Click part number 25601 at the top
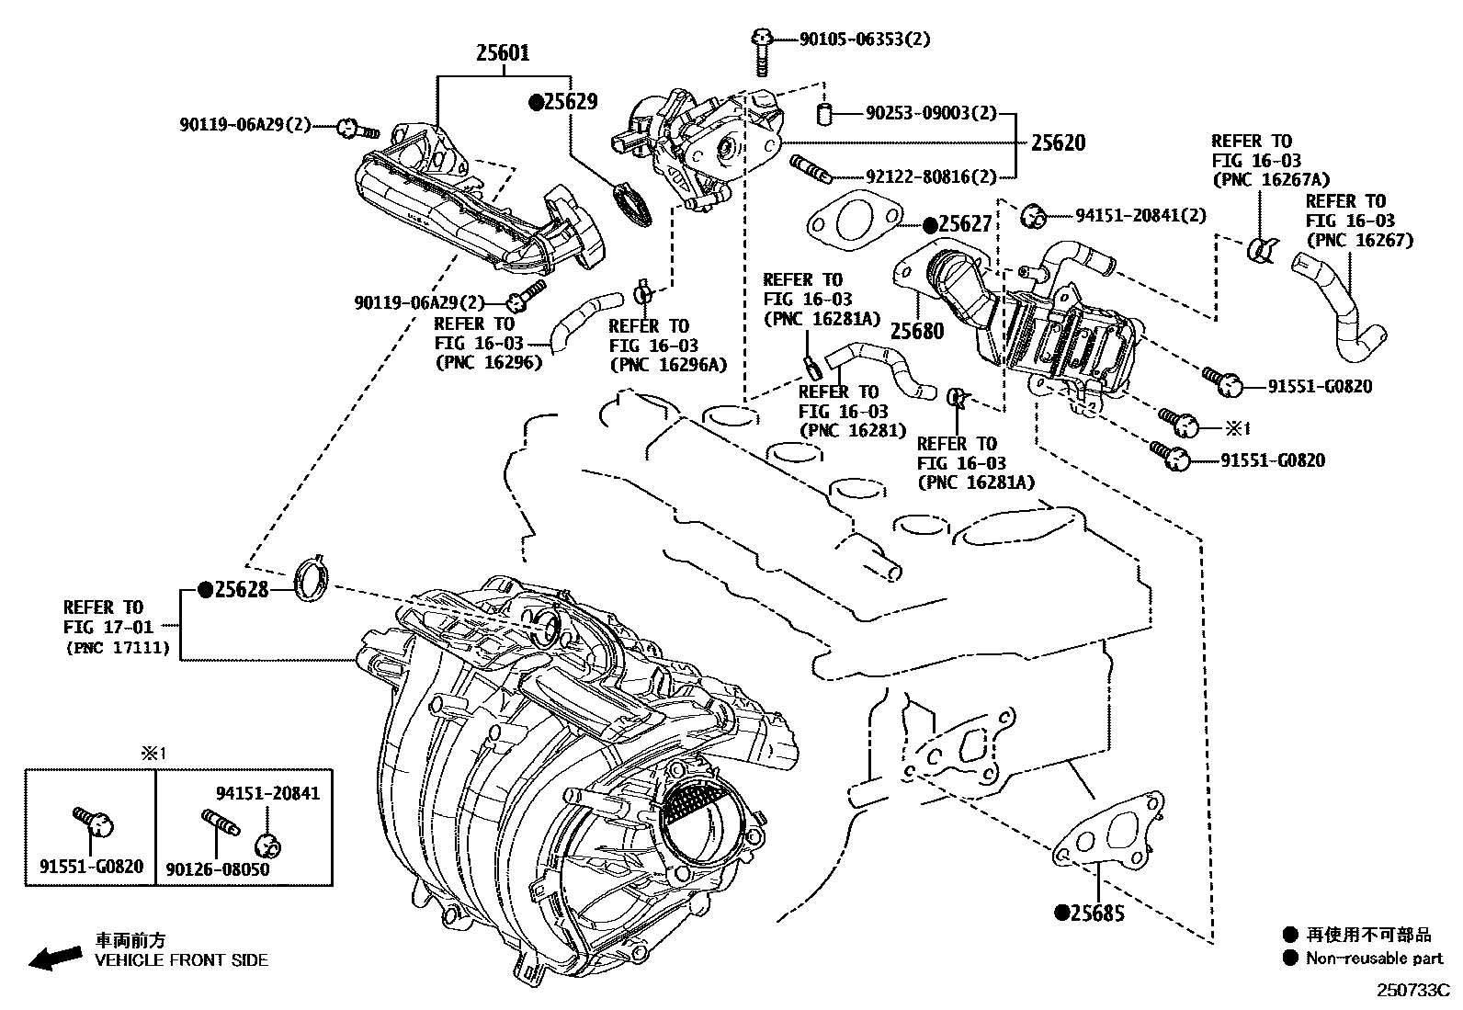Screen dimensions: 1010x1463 click(502, 53)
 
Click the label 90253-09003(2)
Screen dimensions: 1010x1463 click(930, 113)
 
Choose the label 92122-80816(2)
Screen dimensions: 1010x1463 click(930, 176)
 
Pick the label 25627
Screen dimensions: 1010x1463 click(964, 224)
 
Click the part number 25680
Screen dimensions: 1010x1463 click(916, 331)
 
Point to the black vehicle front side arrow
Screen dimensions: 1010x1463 click(54, 959)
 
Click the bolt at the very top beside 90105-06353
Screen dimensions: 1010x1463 click(762, 51)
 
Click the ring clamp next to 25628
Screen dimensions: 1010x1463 click(312, 579)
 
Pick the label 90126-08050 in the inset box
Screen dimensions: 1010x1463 click(218, 868)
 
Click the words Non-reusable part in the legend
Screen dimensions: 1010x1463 click(1375, 959)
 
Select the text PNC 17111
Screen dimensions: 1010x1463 click(118, 647)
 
